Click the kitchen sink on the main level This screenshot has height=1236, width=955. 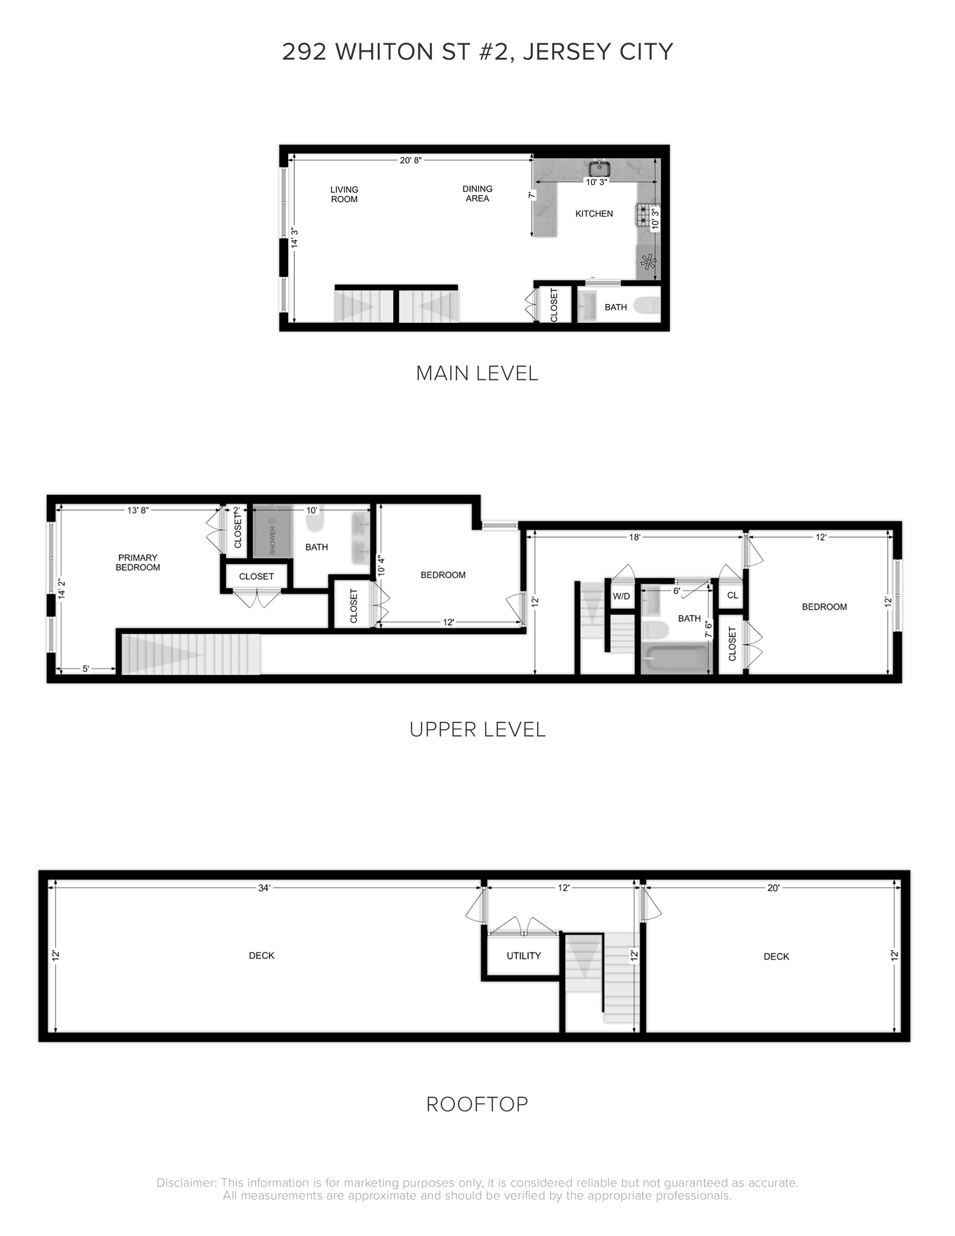598,168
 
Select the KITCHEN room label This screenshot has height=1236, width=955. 594,214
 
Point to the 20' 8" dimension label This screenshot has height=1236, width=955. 410,160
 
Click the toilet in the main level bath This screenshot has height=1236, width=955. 647,306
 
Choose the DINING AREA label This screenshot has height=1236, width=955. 477,194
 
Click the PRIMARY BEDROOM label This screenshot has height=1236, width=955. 137,562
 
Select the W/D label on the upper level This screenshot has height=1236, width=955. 621,596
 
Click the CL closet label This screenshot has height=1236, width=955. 732,595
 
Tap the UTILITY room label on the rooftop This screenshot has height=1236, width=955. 524,955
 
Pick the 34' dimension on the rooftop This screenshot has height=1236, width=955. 264,888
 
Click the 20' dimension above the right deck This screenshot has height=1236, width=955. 773,888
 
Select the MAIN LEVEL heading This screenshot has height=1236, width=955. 477,373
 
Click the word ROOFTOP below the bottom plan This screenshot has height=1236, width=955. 477,1104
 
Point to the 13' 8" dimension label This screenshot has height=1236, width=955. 137,511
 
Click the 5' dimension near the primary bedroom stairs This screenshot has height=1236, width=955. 86,668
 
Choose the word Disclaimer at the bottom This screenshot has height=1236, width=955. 186,1182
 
